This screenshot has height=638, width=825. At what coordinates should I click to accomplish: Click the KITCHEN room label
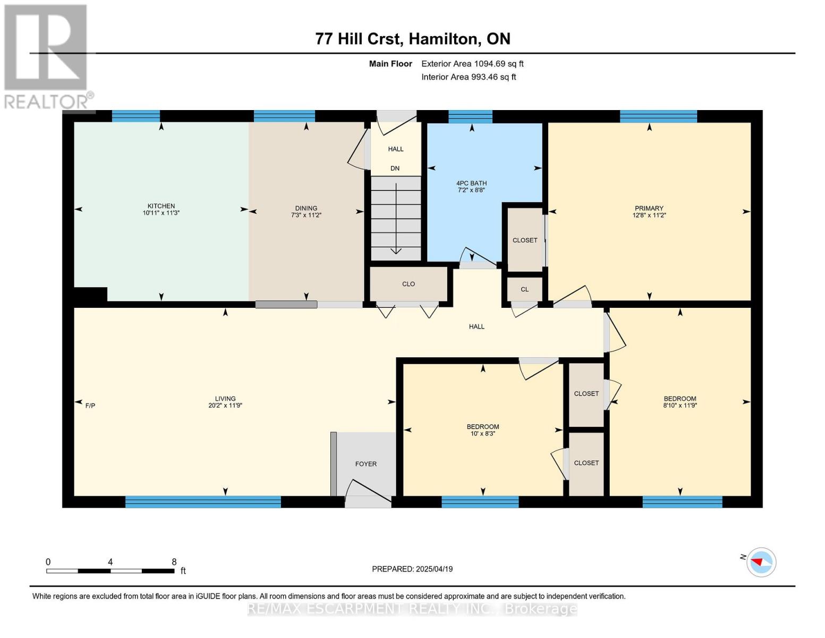pos(161,206)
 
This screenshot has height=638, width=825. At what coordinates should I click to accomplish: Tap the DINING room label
pos(306,208)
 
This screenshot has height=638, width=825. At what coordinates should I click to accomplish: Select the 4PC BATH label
pos(471,183)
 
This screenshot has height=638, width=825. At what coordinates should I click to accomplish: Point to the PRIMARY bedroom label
pos(649,208)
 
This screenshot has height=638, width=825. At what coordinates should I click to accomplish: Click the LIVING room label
pos(225,399)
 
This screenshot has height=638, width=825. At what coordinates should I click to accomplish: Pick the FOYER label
pos(365,464)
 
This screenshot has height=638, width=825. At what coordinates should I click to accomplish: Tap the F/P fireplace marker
pos(90,406)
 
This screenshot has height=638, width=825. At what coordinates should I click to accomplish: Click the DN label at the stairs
pos(395,169)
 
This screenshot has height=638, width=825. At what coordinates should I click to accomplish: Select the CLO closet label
pos(409,284)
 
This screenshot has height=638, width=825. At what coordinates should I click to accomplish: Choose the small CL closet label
pos(525,289)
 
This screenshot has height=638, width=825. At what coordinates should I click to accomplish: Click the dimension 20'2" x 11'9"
pos(225,406)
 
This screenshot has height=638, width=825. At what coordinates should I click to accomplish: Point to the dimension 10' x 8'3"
pos(483,433)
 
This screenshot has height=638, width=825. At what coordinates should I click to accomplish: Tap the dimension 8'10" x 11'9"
pos(680,406)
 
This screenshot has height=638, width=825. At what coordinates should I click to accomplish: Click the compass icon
pos(761,562)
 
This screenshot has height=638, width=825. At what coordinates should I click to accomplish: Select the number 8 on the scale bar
pos(174,561)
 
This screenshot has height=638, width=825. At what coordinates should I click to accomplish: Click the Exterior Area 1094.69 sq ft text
pos(472,64)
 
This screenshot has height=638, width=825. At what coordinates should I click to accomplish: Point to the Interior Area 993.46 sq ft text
pos(469,77)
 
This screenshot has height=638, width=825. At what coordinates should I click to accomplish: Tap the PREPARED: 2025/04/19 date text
pos(412,569)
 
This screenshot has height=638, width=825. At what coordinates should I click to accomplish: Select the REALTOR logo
pos(48,57)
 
